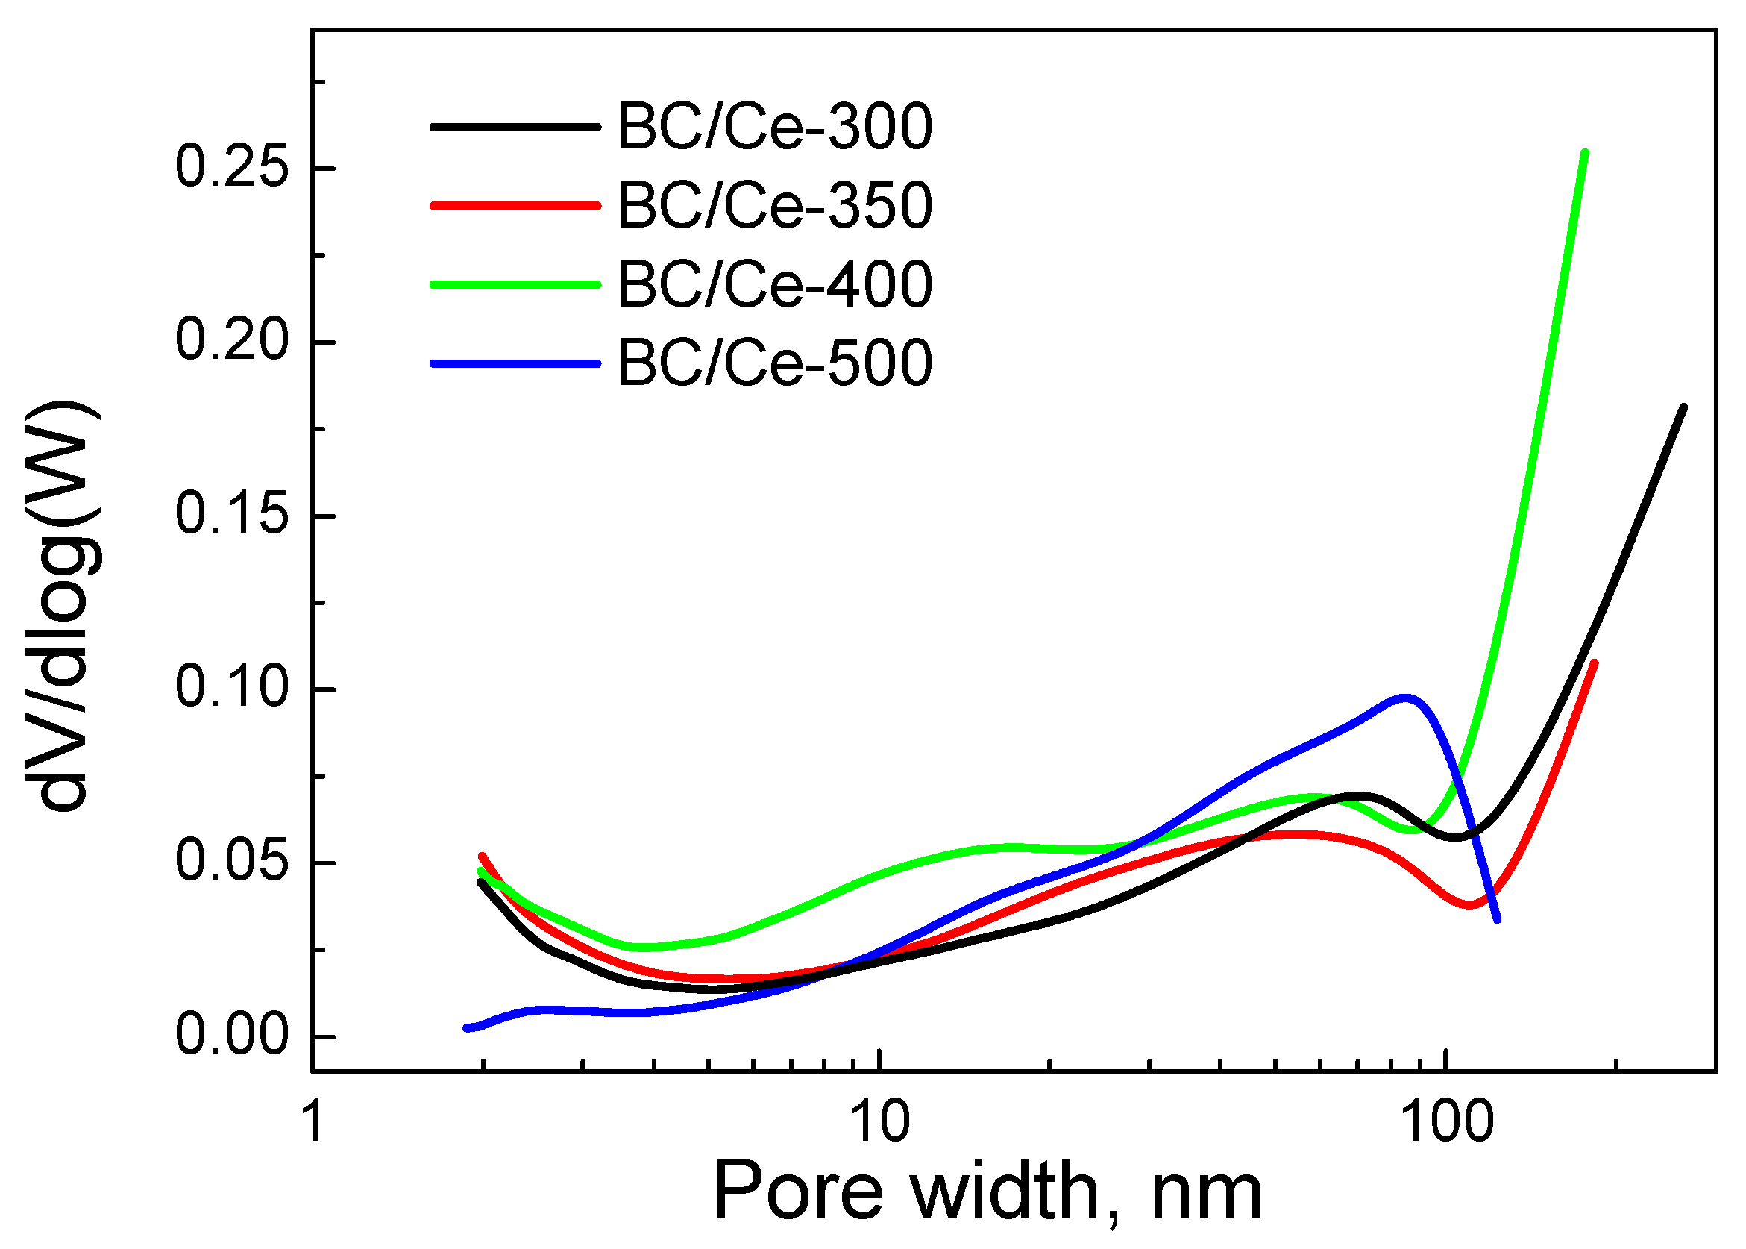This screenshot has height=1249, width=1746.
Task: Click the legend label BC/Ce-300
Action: tap(774, 127)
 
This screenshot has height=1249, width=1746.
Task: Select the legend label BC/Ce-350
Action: tap(774, 206)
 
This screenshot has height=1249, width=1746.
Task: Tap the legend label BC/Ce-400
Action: tap(774, 284)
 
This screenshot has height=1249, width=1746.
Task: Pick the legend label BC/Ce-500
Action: tap(774, 363)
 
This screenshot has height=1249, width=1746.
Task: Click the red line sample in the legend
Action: tap(515, 205)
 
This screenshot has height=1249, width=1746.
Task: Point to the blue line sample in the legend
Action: tap(515, 363)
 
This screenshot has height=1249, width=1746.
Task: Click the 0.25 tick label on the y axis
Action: tap(231, 168)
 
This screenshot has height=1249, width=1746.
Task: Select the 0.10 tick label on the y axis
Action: tap(231, 689)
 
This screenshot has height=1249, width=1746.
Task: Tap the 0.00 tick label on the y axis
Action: tap(231, 1035)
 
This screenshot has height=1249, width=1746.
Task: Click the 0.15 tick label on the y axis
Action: tap(231, 515)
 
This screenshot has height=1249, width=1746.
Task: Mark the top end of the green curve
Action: tap(1585, 153)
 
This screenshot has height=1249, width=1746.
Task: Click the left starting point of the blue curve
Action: tap(467, 1028)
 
